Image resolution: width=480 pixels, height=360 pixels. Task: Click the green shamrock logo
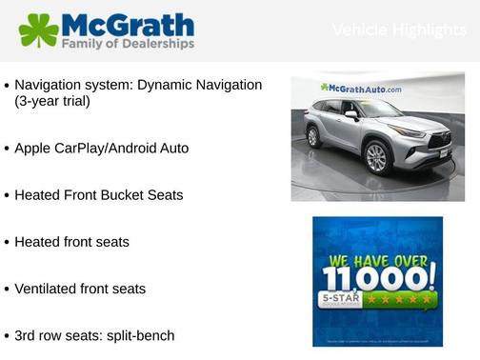coord(38,30)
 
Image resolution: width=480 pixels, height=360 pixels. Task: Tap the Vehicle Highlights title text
coord(399,30)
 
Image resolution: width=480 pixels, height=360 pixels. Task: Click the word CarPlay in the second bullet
coord(85,149)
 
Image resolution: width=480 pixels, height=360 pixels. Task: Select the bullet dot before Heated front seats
coord(8,243)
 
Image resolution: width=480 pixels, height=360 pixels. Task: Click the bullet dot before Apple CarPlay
coord(8,150)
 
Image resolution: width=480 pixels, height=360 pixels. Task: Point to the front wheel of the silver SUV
coord(376,157)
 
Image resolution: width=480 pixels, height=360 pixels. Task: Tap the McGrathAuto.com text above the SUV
coord(362,88)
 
